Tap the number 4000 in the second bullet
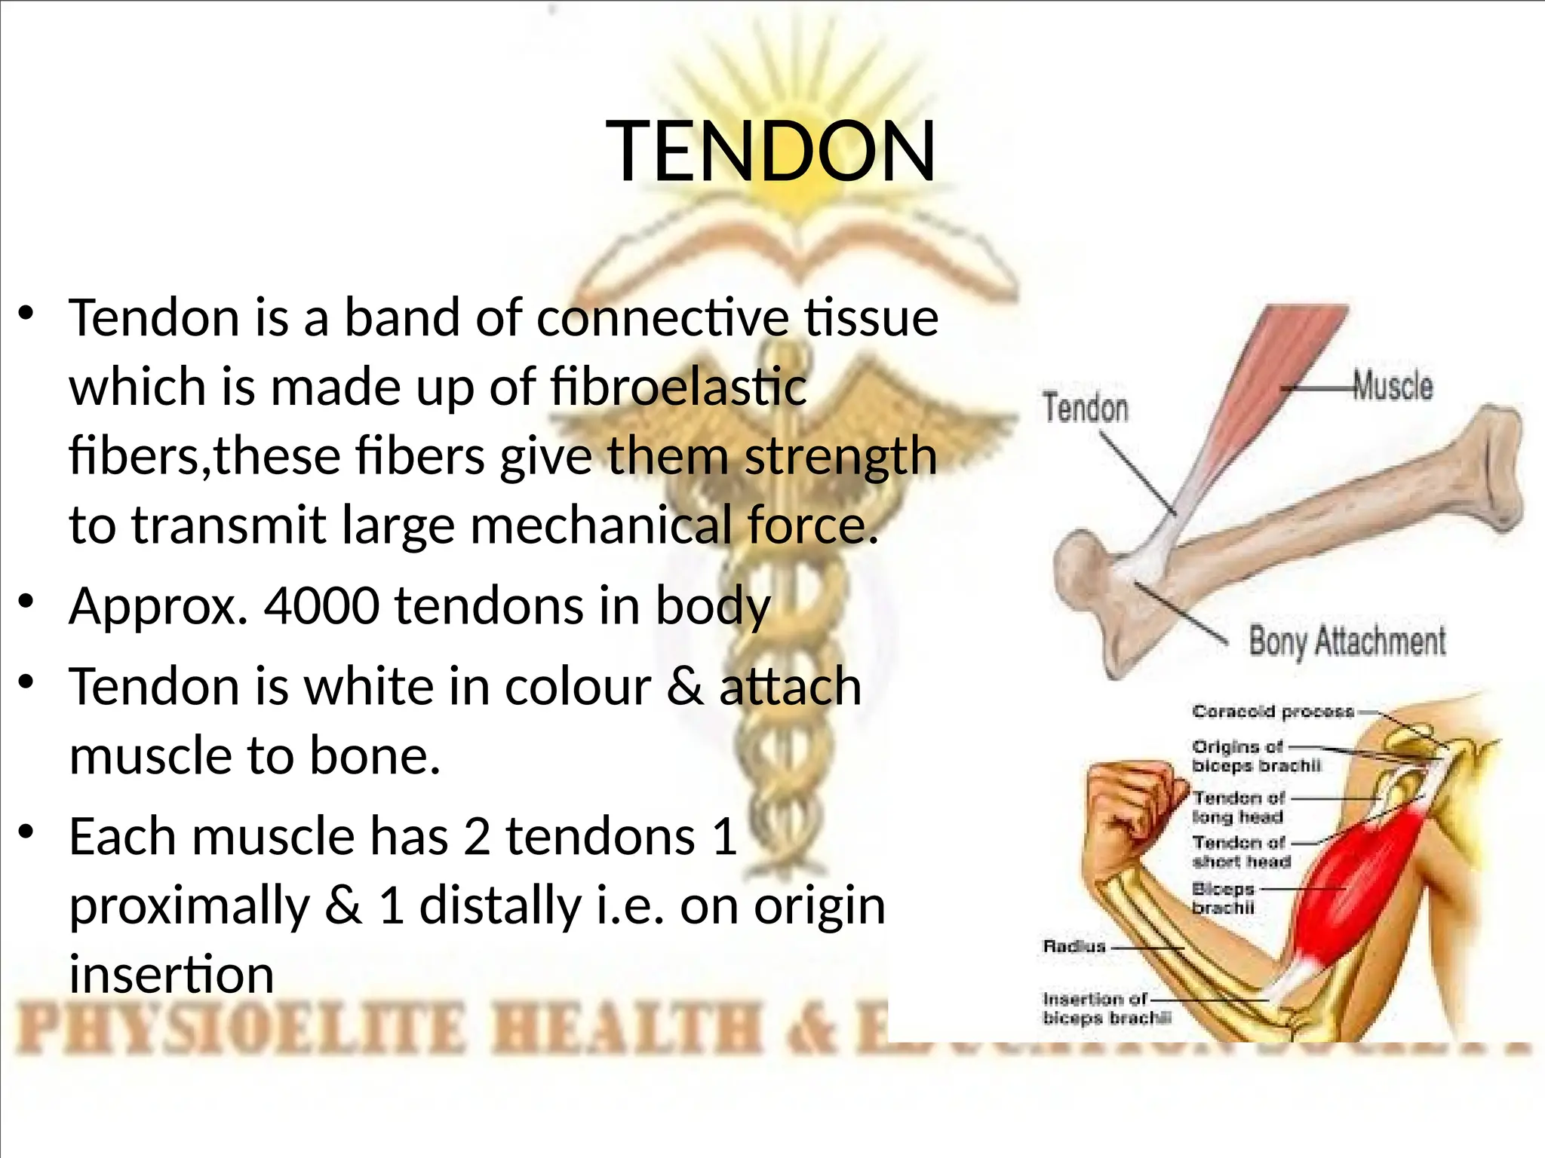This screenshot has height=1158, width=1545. coord(321,605)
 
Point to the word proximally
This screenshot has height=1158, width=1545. coord(189,905)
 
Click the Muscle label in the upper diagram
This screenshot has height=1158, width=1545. coord(1392,385)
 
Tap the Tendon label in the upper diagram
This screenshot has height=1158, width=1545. coord(1086,408)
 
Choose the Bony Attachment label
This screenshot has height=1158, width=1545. coord(1347,642)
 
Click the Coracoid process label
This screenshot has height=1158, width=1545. coord(1273,711)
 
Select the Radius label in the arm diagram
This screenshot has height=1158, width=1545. coord(1074,946)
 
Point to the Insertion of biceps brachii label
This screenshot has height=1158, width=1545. coord(1107,1009)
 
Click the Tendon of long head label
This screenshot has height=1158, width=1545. coord(1239,807)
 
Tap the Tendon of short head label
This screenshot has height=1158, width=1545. coord(1242,851)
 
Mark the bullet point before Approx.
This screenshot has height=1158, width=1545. coord(27,601)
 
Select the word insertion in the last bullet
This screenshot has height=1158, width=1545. coord(171,975)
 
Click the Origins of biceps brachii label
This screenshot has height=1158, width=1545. coord(1256,755)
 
